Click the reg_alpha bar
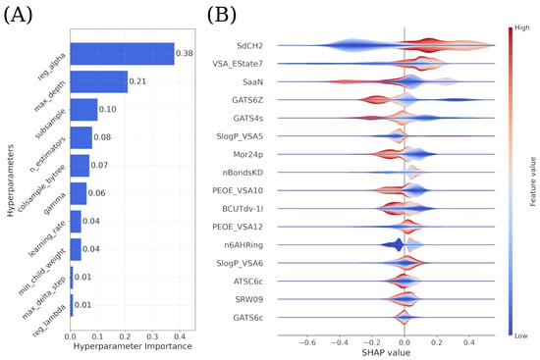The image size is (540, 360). point(123,54)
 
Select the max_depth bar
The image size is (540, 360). point(99,81)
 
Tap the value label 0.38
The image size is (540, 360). point(185,53)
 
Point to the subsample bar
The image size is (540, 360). point(83,110)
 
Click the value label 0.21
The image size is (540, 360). point(137,81)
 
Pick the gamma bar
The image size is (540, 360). point(79,193)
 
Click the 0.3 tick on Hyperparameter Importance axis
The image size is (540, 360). point(152,336)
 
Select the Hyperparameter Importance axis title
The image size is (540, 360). point(133,346)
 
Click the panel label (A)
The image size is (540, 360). point(18,16)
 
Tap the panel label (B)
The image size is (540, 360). point(222,16)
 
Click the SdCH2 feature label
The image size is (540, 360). point(249,46)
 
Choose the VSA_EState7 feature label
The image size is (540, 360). point(238,64)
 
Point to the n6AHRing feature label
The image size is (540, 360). point(243,245)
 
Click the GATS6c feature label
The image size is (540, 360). point(248,318)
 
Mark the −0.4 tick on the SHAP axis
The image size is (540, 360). point(340,342)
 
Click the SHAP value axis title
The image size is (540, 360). point(386,353)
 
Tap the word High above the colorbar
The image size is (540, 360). point(522,27)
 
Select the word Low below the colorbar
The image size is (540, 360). point(520,335)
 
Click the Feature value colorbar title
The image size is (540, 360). point(533,181)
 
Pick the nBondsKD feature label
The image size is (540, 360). point(243,173)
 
